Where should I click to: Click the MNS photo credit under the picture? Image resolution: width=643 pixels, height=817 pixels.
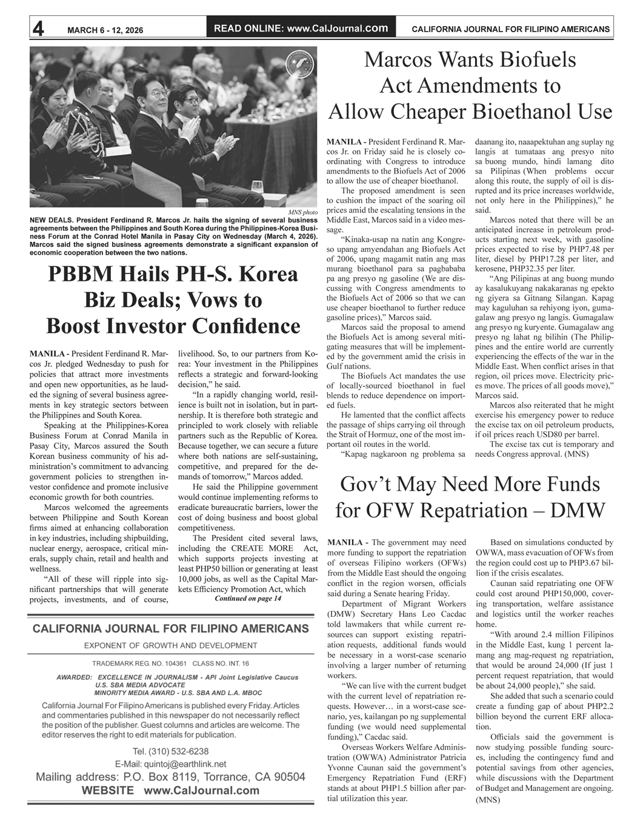[303, 212]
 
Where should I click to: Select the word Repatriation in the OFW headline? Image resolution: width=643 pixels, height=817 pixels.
[475, 510]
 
